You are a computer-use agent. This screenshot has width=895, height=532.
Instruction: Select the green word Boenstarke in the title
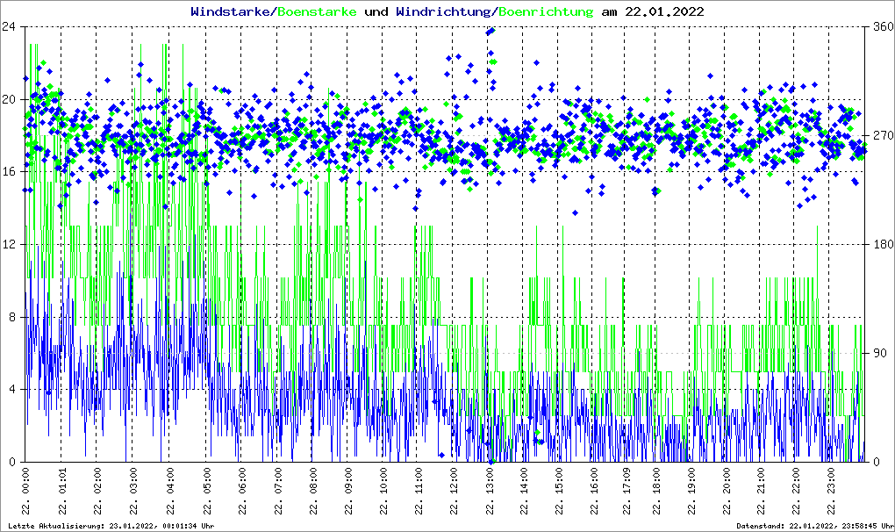tap(318, 12)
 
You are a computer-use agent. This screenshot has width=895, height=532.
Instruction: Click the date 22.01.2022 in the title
tap(664, 12)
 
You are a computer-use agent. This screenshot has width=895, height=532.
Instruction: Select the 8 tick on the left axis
tap(14, 317)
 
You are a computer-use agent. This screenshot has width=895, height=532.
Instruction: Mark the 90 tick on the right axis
tap(879, 353)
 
